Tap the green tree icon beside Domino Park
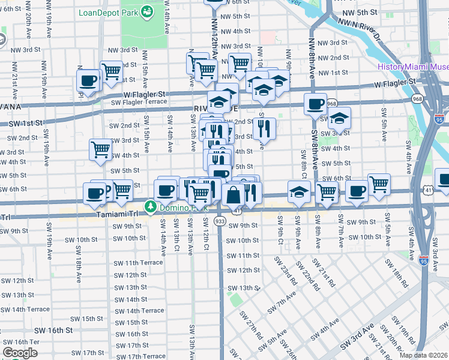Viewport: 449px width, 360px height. click(149, 208)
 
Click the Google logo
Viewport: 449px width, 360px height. click(20, 353)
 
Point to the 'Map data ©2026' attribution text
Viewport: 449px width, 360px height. click(423, 355)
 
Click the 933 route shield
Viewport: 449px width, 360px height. click(220, 221)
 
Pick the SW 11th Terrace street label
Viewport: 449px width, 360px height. click(138, 262)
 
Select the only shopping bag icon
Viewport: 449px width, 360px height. click(233, 194)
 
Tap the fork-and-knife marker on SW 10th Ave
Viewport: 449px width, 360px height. click(264, 128)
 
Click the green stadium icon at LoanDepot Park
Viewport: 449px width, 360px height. click(146, 11)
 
